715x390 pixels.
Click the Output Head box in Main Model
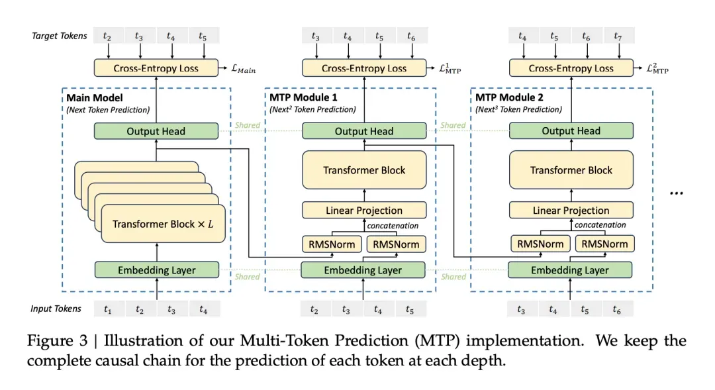(156, 131)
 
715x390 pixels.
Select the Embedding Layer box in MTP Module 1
(363, 270)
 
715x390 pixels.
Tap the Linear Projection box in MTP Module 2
(571, 211)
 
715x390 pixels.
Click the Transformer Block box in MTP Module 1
(364, 170)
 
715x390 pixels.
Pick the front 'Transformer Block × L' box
(164, 224)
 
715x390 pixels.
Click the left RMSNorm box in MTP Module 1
(332, 244)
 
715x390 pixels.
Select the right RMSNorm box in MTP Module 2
(604, 244)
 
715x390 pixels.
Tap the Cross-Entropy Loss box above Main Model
(156, 68)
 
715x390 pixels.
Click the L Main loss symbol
(244, 69)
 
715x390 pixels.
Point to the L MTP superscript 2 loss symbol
(657, 68)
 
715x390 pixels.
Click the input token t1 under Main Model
(108, 309)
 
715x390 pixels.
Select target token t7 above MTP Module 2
(618, 36)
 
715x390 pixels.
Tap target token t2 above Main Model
(107, 36)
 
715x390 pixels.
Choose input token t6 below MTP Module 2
(617, 309)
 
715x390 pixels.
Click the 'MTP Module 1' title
(303, 97)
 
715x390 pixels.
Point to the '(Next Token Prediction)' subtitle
(108, 109)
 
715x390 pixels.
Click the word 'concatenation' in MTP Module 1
(393, 225)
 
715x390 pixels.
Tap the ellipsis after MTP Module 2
(676, 193)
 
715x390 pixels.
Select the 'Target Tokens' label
(60, 36)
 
